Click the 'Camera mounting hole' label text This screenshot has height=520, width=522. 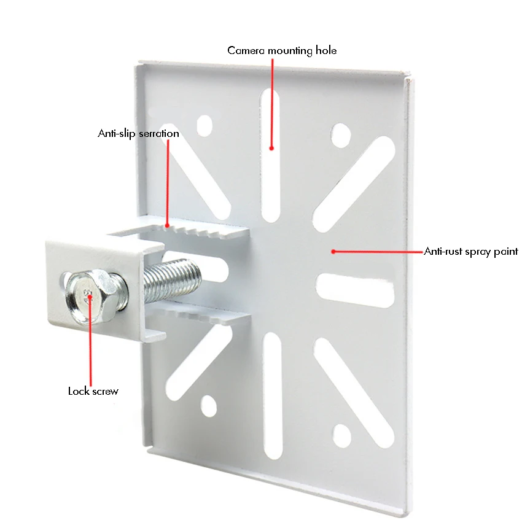[x=282, y=50]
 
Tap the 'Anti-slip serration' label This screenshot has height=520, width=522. [x=139, y=133]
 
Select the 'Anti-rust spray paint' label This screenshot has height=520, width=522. [x=471, y=252]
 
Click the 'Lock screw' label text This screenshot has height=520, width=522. [x=93, y=391]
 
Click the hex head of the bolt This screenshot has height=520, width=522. [x=87, y=297]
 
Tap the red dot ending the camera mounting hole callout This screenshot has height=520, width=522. [x=271, y=148]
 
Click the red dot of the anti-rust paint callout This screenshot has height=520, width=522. [x=333, y=252]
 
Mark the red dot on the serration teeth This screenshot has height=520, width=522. [x=168, y=226]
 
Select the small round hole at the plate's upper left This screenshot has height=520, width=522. [x=205, y=126]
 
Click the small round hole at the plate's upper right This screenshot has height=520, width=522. [x=341, y=136]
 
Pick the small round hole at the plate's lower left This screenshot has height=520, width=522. [x=209, y=406]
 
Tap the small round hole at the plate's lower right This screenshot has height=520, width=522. [x=342, y=436]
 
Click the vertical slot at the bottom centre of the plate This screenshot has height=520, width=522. [x=273, y=395]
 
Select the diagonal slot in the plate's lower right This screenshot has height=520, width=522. [x=354, y=392]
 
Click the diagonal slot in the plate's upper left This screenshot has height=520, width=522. [x=195, y=172]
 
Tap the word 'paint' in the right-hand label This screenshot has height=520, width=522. [x=505, y=252]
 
